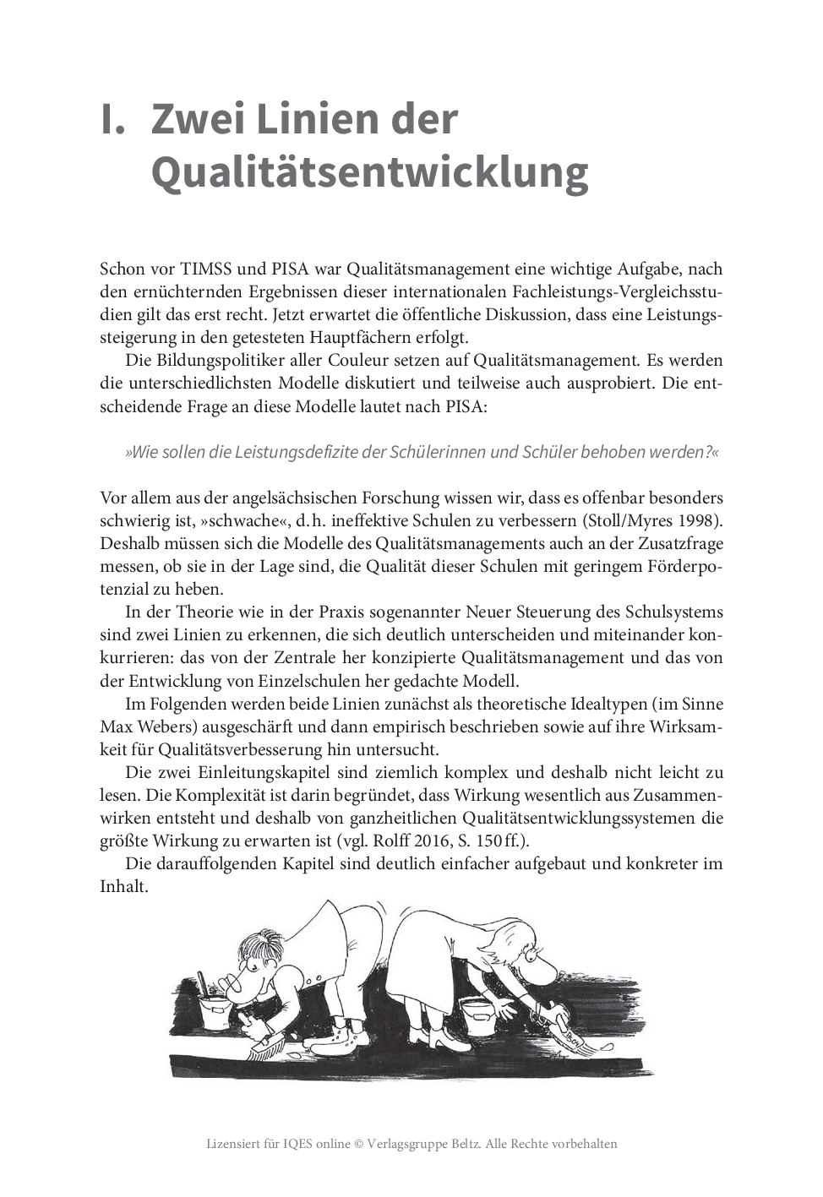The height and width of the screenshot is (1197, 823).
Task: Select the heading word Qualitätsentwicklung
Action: point(369,171)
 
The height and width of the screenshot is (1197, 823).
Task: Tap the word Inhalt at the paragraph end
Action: point(123,886)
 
